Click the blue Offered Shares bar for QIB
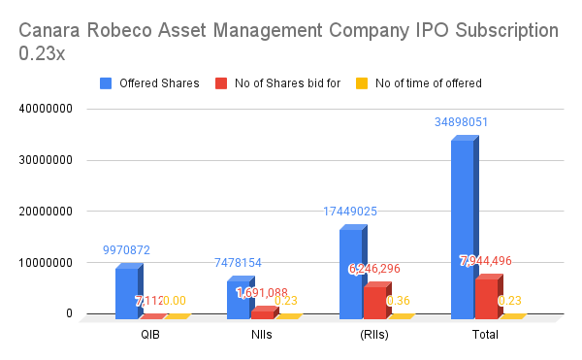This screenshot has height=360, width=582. click(127, 293)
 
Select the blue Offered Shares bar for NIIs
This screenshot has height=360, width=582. click(239, 300)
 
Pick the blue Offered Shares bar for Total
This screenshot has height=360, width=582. click(462, 229)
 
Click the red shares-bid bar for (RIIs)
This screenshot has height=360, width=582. click(374, 302)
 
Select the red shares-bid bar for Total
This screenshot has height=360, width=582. click(486, 299)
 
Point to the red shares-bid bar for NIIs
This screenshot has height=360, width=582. click(263, 314)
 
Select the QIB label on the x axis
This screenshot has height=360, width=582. click(150, 335)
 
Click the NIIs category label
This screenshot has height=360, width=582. click(262, 335)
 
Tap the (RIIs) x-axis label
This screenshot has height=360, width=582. click(373, 335)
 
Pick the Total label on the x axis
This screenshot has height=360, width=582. click(485, 335)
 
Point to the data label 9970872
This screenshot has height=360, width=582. click(127, 250)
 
